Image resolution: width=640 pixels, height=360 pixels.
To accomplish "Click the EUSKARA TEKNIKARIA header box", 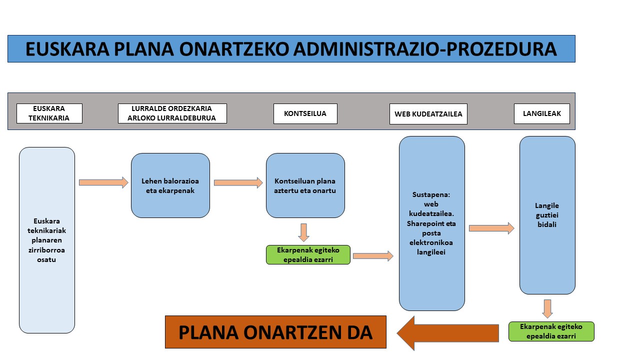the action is click(x=49, y=113).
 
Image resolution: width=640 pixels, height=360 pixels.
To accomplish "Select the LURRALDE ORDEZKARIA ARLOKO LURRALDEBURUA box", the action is click(x=172, y=113).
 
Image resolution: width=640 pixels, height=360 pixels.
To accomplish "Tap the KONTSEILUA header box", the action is click(x=305, y=113).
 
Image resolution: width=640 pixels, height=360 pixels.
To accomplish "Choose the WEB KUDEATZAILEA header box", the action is click(x=428, y=114).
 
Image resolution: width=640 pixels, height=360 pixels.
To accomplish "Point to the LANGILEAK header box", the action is click(x=541, y=113).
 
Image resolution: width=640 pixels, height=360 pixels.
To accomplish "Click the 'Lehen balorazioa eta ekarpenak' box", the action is click(x=170, y=185).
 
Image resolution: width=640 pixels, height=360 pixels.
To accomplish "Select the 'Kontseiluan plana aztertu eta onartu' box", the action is click(x=305, y=185).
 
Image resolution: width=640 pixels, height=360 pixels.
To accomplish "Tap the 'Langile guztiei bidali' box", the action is click(x=547, y=215).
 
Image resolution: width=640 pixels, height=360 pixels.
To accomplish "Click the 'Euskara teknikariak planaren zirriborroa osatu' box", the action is click(x=47, y=240).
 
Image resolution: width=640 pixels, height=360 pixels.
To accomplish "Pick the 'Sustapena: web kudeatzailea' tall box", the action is click(x=431, y=223).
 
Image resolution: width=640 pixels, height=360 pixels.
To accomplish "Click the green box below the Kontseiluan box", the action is click(x=308, y=254).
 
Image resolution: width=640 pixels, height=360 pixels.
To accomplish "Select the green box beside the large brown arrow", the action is click(x=551, y=331).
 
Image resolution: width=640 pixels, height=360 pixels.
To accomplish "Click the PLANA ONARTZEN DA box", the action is click(x=275, y=332).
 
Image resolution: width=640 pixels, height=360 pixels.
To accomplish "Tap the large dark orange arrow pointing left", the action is click(x=447, y=333).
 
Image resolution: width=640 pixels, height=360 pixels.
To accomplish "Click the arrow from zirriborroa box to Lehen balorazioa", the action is click(x=103, y=182).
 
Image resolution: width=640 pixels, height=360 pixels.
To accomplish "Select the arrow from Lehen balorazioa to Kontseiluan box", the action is click(x=238, y=182).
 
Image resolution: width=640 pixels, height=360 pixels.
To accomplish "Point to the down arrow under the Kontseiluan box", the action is click(x=303, y=232).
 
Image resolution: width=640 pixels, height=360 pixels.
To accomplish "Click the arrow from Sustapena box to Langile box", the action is click(x=491, y=228).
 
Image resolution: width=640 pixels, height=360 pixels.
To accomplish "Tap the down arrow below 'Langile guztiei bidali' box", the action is click(x=547, y=309).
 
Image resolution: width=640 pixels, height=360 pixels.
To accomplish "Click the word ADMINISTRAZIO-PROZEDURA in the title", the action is click(x=425, y=49).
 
